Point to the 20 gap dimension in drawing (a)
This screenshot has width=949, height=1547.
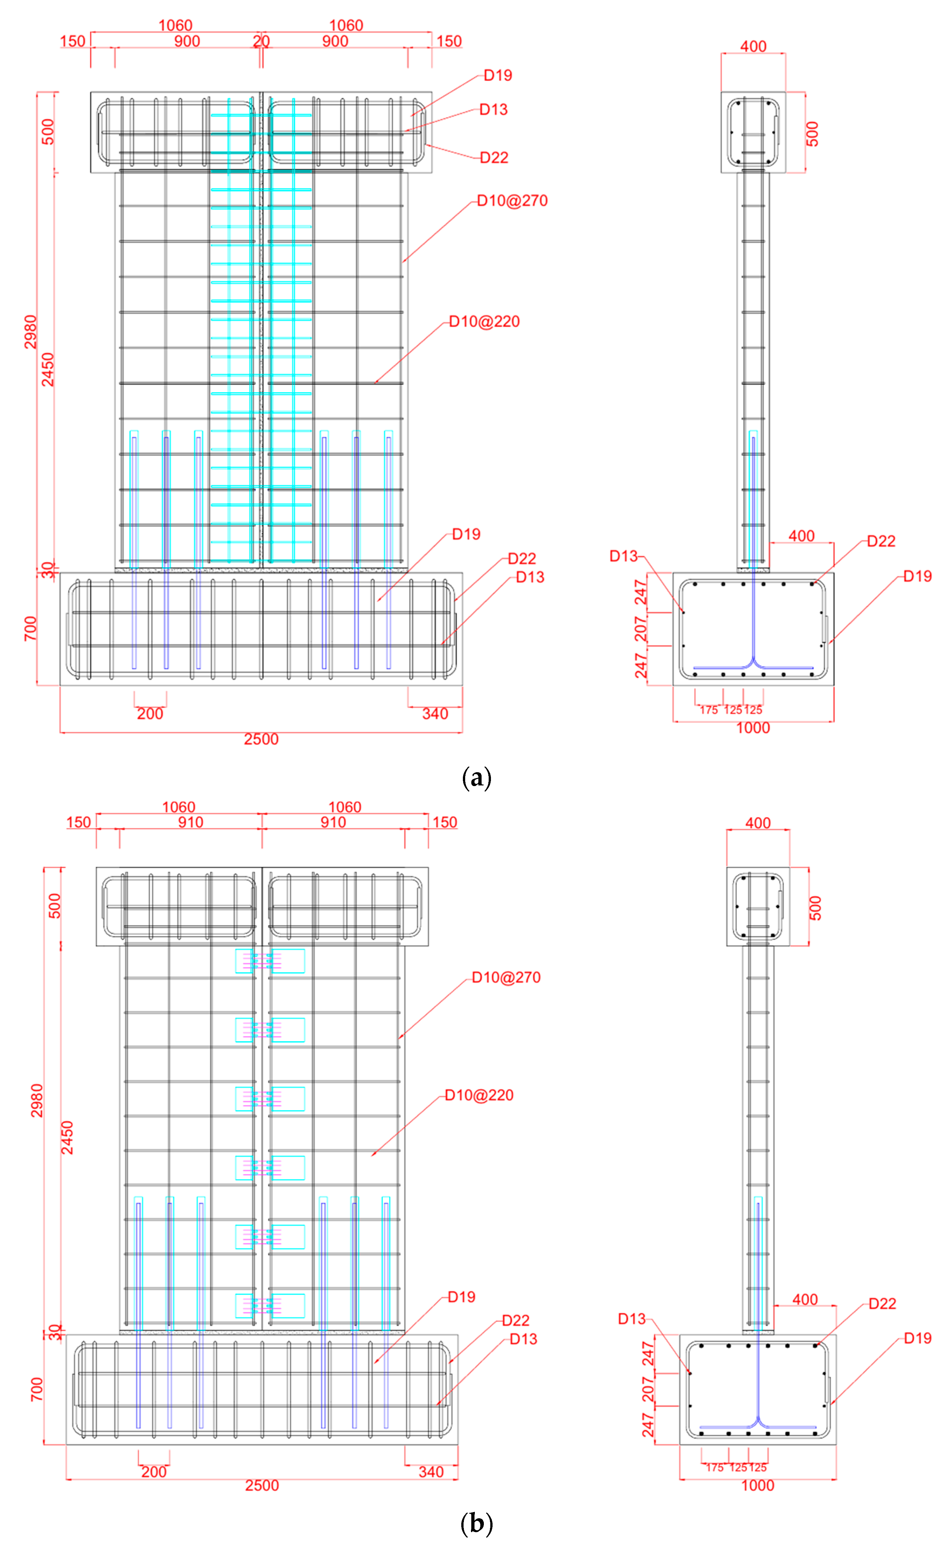coord(261,42)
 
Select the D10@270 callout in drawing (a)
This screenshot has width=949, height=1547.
coord(512,201)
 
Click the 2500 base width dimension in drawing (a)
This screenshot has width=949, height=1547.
coord(261,739)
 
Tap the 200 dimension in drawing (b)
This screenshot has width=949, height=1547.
coord(154,1472)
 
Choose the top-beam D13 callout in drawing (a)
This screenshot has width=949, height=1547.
coord(493,110)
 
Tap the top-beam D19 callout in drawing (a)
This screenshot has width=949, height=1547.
coord(498,75)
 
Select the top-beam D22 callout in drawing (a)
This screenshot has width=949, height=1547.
coord(494,158)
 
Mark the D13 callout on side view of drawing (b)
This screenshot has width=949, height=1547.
coord(631,1319)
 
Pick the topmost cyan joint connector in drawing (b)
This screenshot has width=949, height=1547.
coord(270,961)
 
